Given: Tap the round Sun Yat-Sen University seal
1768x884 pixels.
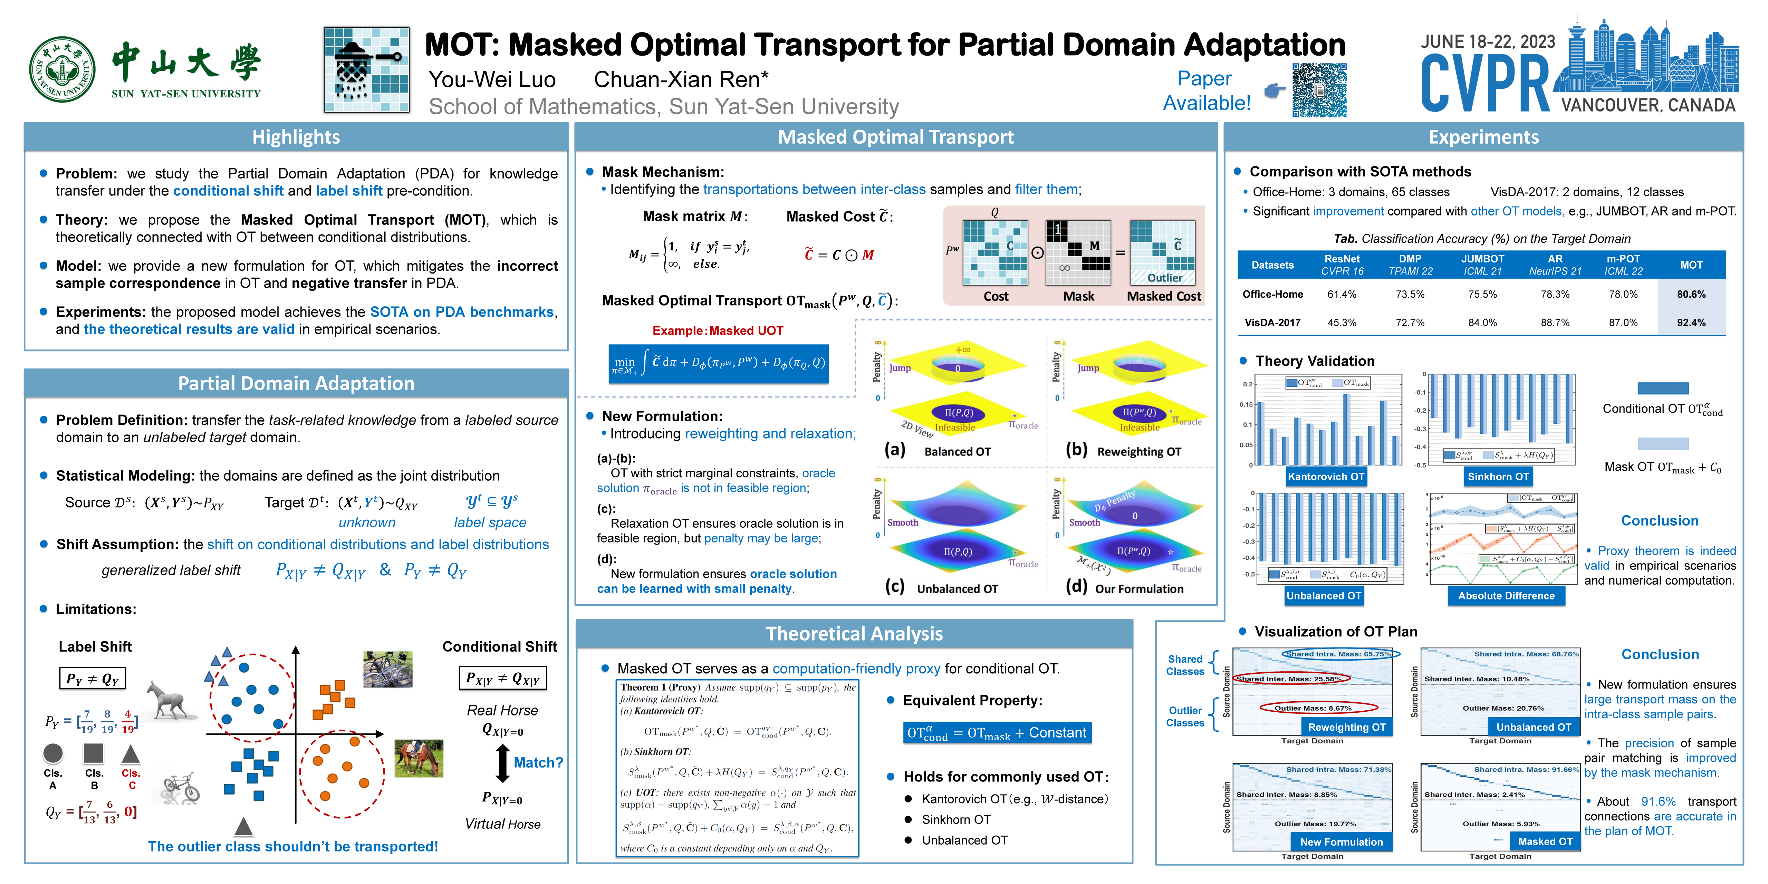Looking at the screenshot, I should (x=63, y=69).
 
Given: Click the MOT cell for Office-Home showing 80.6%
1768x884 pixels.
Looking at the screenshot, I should (x=1690, y=295).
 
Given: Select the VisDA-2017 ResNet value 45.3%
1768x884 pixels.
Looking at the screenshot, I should (x=1341, y=323).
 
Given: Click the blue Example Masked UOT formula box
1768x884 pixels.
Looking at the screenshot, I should (x=718, y=363).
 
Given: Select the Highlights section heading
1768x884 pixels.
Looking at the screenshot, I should (x=296, y=137).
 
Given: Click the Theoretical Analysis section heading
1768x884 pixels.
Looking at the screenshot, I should (x=854, y=634).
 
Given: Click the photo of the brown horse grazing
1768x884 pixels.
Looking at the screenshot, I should (x=419, y=758).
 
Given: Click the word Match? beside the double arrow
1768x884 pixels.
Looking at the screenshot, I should (x=538, y=762).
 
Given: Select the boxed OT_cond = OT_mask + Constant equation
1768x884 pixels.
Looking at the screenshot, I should (x=997, y=733).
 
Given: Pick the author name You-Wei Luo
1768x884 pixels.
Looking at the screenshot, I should (x=492, y=80).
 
